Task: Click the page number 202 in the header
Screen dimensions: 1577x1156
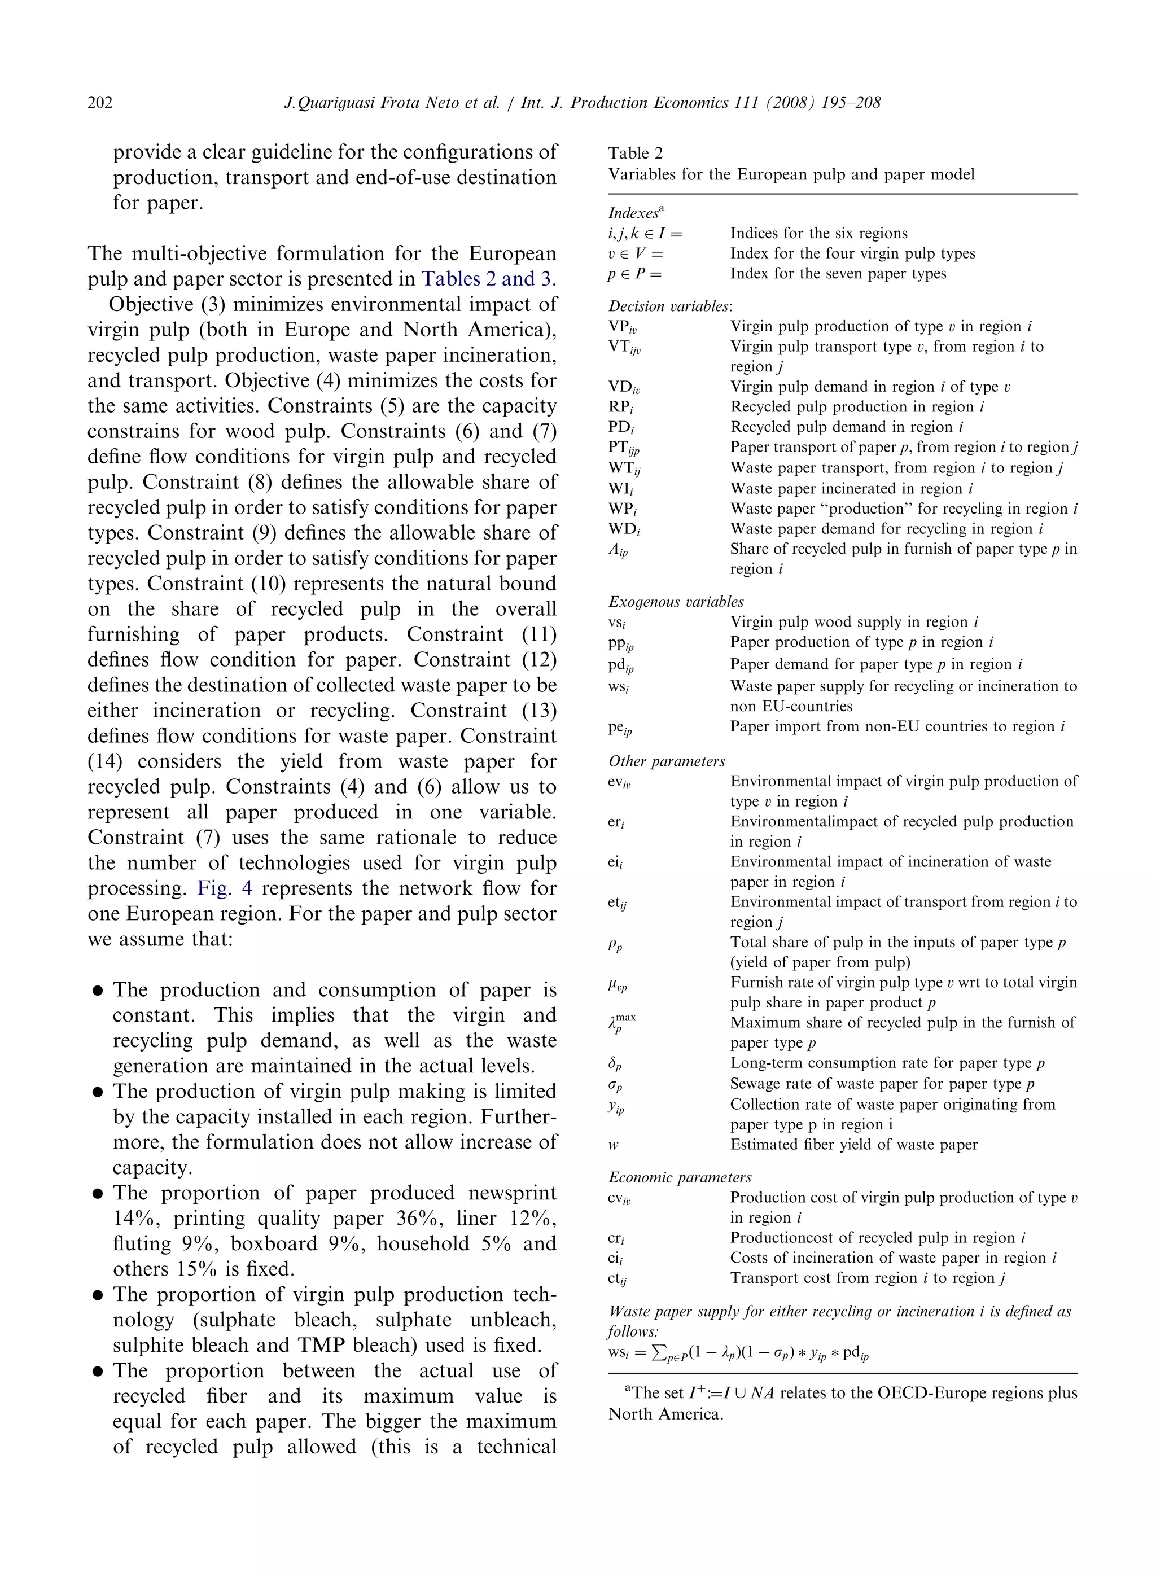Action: [100, 103]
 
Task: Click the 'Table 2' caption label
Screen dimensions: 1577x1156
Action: [634, 153]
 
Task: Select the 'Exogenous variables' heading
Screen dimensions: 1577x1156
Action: [675, 602]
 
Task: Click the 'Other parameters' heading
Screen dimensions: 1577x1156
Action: [666, 761]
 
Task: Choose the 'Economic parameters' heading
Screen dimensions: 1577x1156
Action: [680, 1177]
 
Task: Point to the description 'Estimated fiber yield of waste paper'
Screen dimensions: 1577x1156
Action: [853, 1145]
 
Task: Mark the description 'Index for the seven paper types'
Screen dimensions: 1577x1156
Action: [838, 274]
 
